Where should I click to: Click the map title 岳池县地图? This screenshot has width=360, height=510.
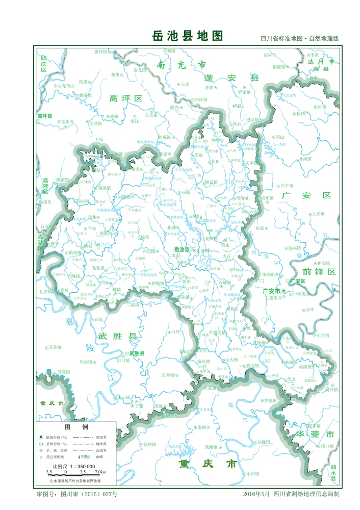click(188, 36)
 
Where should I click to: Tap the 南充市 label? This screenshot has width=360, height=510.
click(182, 65)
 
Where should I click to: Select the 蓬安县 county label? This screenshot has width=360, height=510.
click(232, 78)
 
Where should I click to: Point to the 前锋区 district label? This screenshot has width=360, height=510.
click(319, 272)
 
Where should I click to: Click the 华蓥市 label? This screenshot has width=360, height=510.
click(315, 435)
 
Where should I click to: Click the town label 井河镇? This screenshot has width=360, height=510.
click(305, 159)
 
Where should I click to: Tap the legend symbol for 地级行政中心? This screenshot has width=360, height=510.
click(41, 437)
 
